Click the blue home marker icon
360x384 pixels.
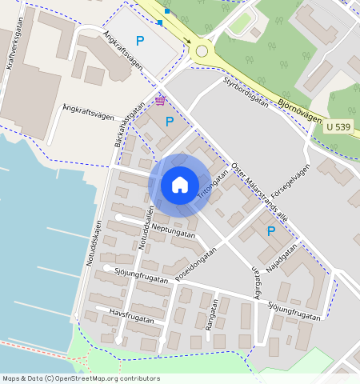[x=180, y=186]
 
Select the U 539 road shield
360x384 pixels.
[x=338, y=127]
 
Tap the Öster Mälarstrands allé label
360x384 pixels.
[x=260, y=192]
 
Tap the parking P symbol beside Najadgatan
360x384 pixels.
[x=271, y=231]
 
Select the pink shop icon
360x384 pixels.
[x=160, y=100]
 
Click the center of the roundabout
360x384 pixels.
[x=202, y=51]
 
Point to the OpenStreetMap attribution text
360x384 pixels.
[x=80, y=378]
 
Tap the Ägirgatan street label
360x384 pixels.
[x=258, y=282]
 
